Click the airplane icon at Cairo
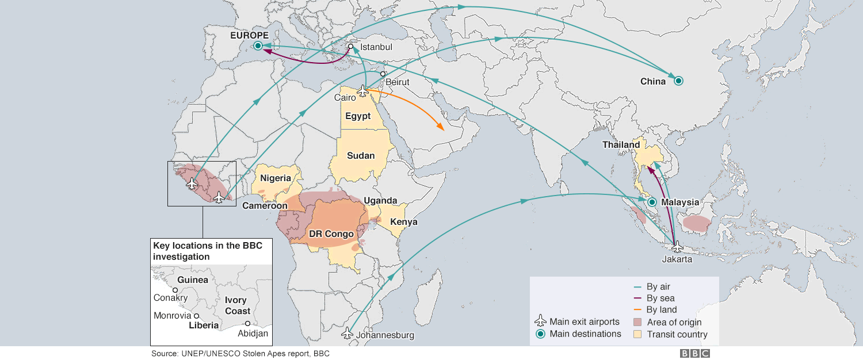tap(362, 91)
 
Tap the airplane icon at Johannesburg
tap(347, 333)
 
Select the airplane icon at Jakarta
tap(677, 246)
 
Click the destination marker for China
tap(678, 81)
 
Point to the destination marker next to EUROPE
tap(258, 45)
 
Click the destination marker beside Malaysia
tap(652, 202)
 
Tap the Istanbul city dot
tap(351, 47)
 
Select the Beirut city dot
tap(383, 74)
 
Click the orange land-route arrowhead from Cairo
tap(441, 128)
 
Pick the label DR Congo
tap(331, 234)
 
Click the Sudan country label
tap(361, 156)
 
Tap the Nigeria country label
tap(276, 178)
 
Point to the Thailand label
tap(621, 145)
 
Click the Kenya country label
tap(404, 222)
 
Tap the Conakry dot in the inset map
tap(175, 290)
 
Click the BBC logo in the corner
tap(695, 354)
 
